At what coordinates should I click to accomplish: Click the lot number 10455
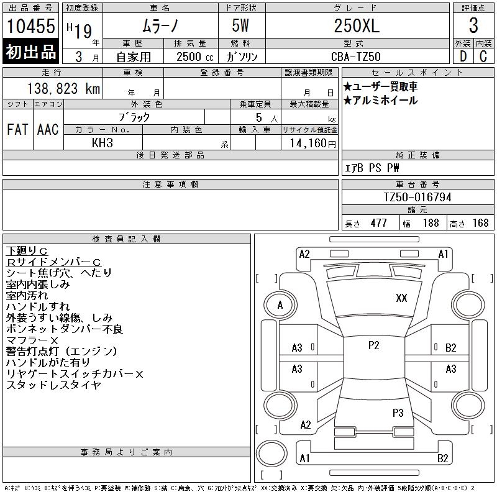click(30, 26)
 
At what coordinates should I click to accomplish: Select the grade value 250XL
click(357, 25)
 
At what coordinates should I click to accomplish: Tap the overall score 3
click(473, 25)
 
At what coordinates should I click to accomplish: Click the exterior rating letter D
click(463, 57)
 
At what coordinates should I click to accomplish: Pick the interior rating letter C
click(483, 57)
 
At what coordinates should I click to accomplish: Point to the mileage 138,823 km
click(64, 89)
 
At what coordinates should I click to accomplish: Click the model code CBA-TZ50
click(355, 57)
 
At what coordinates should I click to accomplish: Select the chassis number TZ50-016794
click(417, 197)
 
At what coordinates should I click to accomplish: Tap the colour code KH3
click(103, 143)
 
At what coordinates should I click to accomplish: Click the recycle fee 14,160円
click(312, 144)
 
